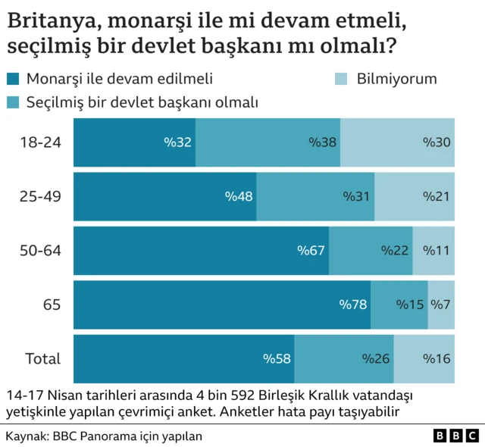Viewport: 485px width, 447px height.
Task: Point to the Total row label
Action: click(43, 358)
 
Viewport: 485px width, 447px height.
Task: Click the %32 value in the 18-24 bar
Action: click(177, 142)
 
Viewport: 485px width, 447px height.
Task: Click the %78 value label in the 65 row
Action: click(353, 305)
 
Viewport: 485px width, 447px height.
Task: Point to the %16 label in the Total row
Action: click(436, 358)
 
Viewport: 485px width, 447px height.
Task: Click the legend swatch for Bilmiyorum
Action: click(341, 78)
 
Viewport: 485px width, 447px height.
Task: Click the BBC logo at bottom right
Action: click(455, 436)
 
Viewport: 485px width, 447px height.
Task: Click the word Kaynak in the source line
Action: click(24, 436)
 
